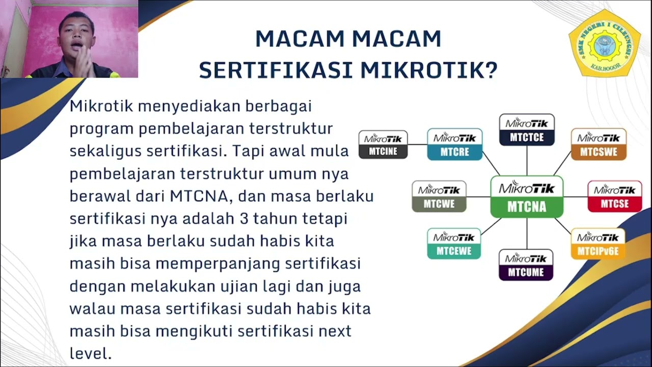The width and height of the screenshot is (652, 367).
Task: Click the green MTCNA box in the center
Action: (x=527, y=197)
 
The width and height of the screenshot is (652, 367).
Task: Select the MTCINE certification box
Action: (x=383, y=144)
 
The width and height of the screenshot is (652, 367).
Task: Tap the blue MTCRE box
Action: (x=454, y=144)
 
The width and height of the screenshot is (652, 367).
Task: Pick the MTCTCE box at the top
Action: (x=527, y=130)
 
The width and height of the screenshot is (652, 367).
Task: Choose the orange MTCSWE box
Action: (x=599, y=144)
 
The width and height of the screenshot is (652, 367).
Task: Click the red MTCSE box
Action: (x=614, y=196)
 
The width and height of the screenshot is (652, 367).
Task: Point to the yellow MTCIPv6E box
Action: (x=598, y=244)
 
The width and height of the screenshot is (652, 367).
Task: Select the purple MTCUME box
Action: (x=526, y=265)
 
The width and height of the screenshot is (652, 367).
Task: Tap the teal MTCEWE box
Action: (x=454, y=244)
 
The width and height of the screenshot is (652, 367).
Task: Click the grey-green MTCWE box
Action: (x=439, y=196)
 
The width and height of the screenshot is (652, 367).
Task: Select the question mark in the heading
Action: (x=491, y=70)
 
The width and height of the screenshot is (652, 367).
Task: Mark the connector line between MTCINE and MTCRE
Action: (x=417, y=144)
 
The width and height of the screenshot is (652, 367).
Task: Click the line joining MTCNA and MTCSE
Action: (x=576, y=197)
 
